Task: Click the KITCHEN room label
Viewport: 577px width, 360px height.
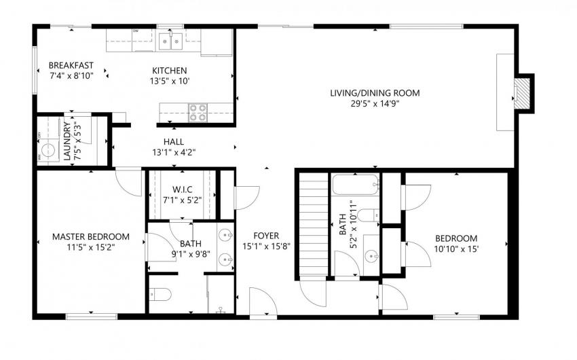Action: pos(169,71)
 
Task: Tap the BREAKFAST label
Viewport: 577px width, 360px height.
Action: pos(71,65)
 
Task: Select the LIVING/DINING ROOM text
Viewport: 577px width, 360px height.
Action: pos(375,93)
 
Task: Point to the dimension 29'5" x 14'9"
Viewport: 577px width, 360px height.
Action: pos(375,103)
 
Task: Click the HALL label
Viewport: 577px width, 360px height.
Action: pos(174,142)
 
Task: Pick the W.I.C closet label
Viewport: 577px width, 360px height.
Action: pos(183,190)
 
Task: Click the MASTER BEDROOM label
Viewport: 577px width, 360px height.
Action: pos(91,236)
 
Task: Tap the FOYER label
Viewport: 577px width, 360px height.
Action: pos(266,236)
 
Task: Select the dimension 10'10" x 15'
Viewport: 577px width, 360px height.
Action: pos(456,249)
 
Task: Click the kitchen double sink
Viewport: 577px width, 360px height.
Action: pos(171,41)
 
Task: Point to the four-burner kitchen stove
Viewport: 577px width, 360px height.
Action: pos(198,112)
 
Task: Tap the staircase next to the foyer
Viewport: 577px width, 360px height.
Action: pos(313,225)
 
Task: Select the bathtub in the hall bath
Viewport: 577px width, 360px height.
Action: pos(356,185)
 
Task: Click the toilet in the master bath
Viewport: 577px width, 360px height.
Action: pos(160,295)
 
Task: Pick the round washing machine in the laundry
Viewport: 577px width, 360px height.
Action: pos(48,150)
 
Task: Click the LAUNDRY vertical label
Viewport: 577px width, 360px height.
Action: pos(67,141)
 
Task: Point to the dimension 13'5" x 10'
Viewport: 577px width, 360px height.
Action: pos(169,81)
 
